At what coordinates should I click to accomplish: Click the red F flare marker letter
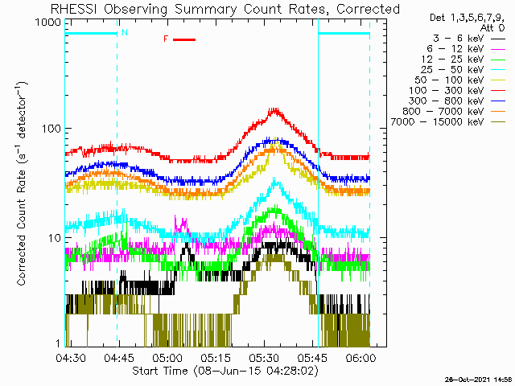[x=167, y=39]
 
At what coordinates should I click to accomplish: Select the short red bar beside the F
[x=184, y=39]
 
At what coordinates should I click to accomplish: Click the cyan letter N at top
[x=124, y=33]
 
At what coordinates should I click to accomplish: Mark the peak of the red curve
[x=274, y=109]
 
